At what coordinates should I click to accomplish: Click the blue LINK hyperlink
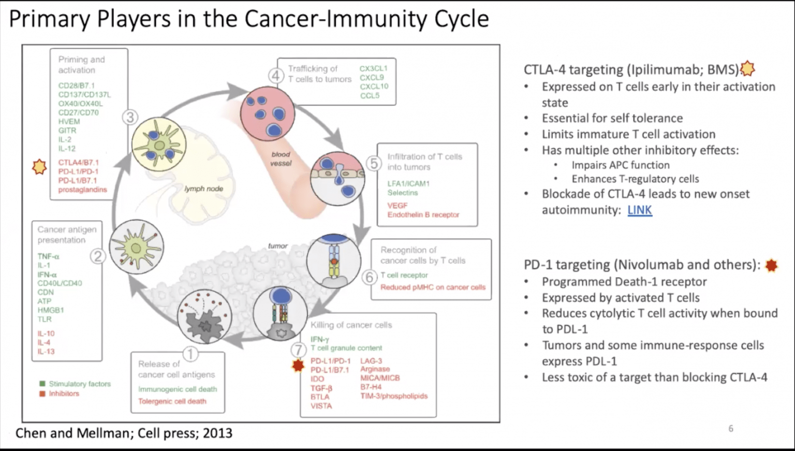point(639,210)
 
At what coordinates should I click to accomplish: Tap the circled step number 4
point(276,76)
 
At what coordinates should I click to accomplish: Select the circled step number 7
point(298,350)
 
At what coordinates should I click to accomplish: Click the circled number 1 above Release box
point(190,354)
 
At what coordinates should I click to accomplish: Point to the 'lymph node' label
point(203,189)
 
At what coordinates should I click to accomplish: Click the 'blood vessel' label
point(281,158)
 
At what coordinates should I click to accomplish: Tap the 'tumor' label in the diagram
point(277,246)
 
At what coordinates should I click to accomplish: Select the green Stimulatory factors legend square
point(42,384)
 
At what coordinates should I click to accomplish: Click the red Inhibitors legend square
point(42,394)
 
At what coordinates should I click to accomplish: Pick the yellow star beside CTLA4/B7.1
point(39,167)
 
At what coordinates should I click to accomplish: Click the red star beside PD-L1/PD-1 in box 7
point(298,366)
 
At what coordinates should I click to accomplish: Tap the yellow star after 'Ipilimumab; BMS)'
point(747,69)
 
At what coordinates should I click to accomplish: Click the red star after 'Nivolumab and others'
point(771,265)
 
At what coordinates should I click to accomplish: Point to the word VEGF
point(397,206)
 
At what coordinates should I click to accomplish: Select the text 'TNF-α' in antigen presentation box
point(48,256)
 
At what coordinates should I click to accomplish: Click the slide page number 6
point(731,428)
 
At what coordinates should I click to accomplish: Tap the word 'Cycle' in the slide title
point(461,19)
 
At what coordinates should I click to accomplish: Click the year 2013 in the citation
point(217,433)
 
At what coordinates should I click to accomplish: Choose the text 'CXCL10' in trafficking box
point(374,86)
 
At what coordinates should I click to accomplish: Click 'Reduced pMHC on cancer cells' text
point(433,287)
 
